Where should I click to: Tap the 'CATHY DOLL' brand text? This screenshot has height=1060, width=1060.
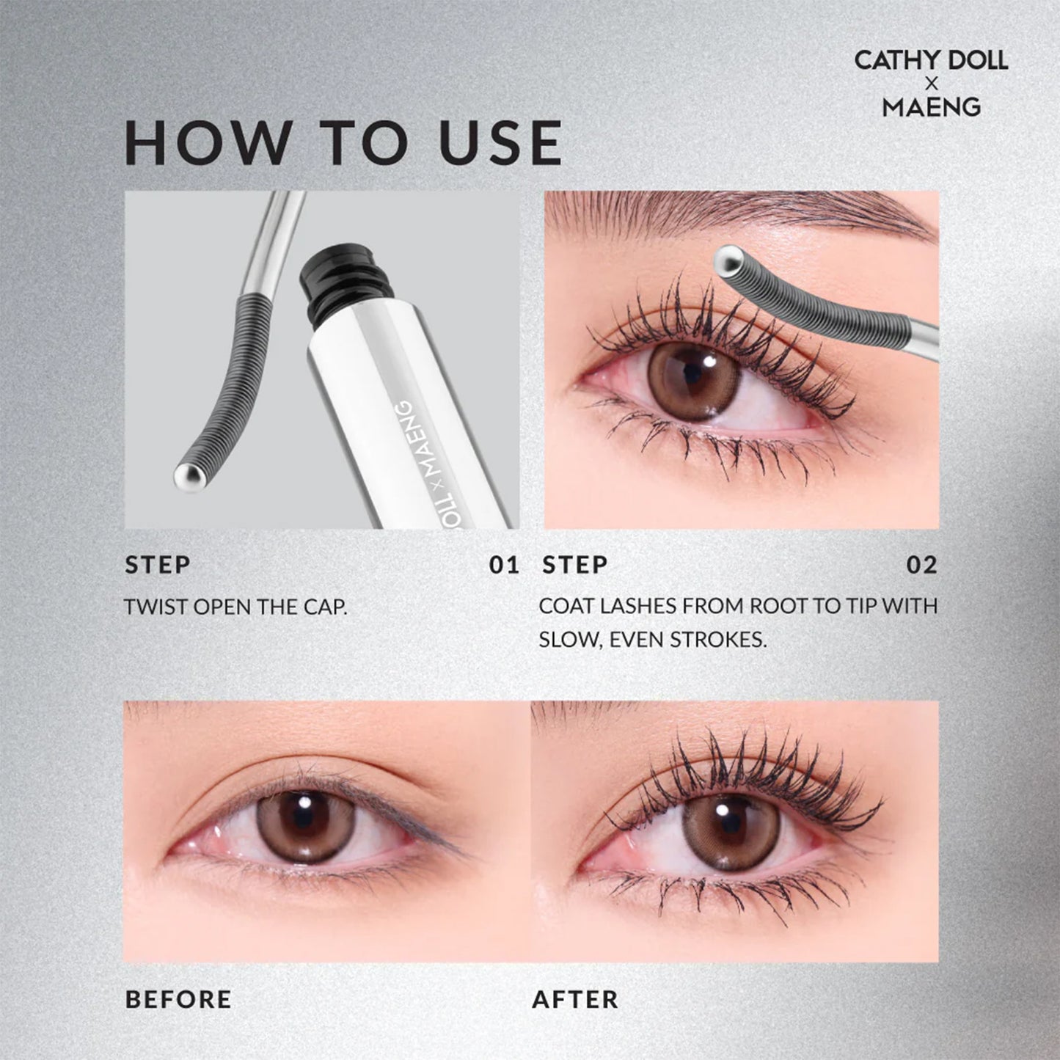pyautogui.click(x=931, y=60)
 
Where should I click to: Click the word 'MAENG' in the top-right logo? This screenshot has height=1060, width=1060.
pyautogui.click(x=931, y=107)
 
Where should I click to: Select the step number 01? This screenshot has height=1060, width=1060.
pyautogui.click(x=504, y=565)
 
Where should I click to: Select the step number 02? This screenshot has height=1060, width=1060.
pyautogui.click(x=922, y=565)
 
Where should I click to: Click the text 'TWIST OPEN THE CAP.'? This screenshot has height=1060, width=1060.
pyautogui.click(x=235, y=607)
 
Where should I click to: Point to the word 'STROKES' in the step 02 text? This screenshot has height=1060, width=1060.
pyautogui.click(x=725, y=640)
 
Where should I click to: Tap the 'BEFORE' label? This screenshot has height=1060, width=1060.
pyautogui.click(x=178, y=999)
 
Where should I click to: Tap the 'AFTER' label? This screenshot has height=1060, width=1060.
pyautogui.click(x=575, y=999)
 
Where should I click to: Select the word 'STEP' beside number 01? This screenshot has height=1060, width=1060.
pyautogui.click(x=158, y=565)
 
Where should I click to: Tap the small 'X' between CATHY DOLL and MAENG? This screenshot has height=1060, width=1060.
pyautogui.click(x=932, y=84)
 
